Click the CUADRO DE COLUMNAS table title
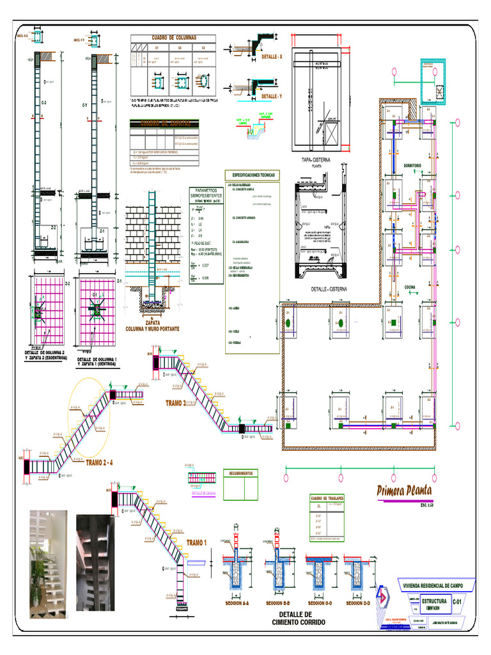pos(173,38)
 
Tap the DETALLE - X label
pos(272,57)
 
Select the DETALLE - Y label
pos(272,96)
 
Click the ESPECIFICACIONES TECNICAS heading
pos(253,174)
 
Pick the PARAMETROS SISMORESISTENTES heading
pos(207,194)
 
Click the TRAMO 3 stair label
pos(176,404)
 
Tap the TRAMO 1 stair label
pos(197,543)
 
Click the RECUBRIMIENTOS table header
pos(242,474)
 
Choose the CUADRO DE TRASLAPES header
pos(327,498)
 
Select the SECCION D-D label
pos(358,603)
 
